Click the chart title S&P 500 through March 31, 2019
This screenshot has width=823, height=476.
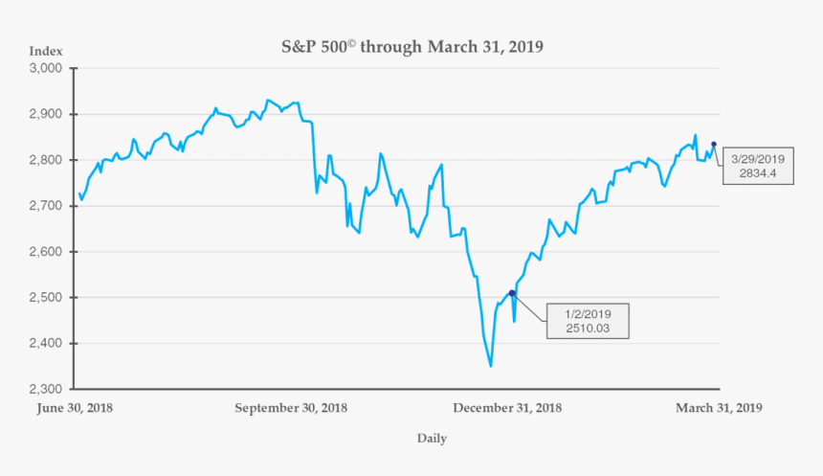tap(411, 47)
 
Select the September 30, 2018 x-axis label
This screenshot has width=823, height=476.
tap(291, 407)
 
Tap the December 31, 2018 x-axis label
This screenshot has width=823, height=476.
tap(507, 407)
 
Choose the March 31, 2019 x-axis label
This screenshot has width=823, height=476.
tap(719, 407)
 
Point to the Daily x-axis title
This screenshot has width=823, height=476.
tap(431, 439)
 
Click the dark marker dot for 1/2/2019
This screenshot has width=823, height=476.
tap(512, 293)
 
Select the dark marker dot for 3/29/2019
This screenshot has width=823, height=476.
tap(714, 145)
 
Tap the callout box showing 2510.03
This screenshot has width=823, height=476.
tap(588, 321)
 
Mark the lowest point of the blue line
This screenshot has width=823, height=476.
tap(491, 366)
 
